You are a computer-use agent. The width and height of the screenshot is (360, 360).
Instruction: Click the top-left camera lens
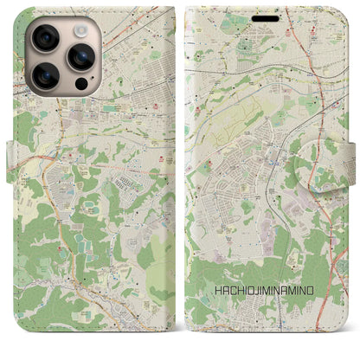pos(43,37)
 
